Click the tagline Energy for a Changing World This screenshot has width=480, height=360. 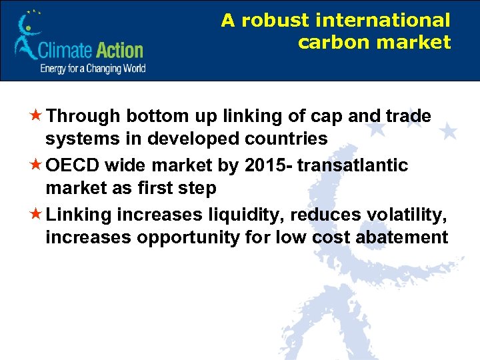coord(93,69)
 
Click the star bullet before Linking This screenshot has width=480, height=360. coord(38,215)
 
